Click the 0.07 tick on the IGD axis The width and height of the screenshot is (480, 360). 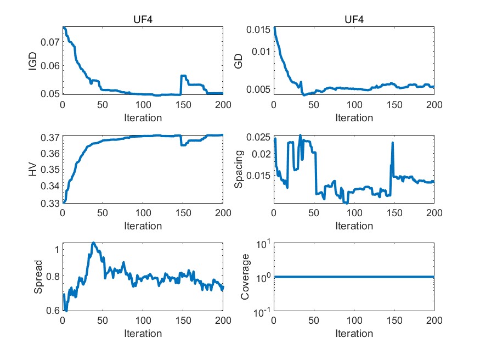tap(51, 42)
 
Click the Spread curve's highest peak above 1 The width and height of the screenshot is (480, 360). tap(94, 243)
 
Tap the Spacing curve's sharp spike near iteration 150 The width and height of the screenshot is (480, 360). tap(393, 143)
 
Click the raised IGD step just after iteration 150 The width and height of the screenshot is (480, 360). tap(184, 76)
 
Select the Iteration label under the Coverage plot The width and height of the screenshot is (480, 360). tap(354, 333)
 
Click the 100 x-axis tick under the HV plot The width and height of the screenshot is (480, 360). tap(143, 213)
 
